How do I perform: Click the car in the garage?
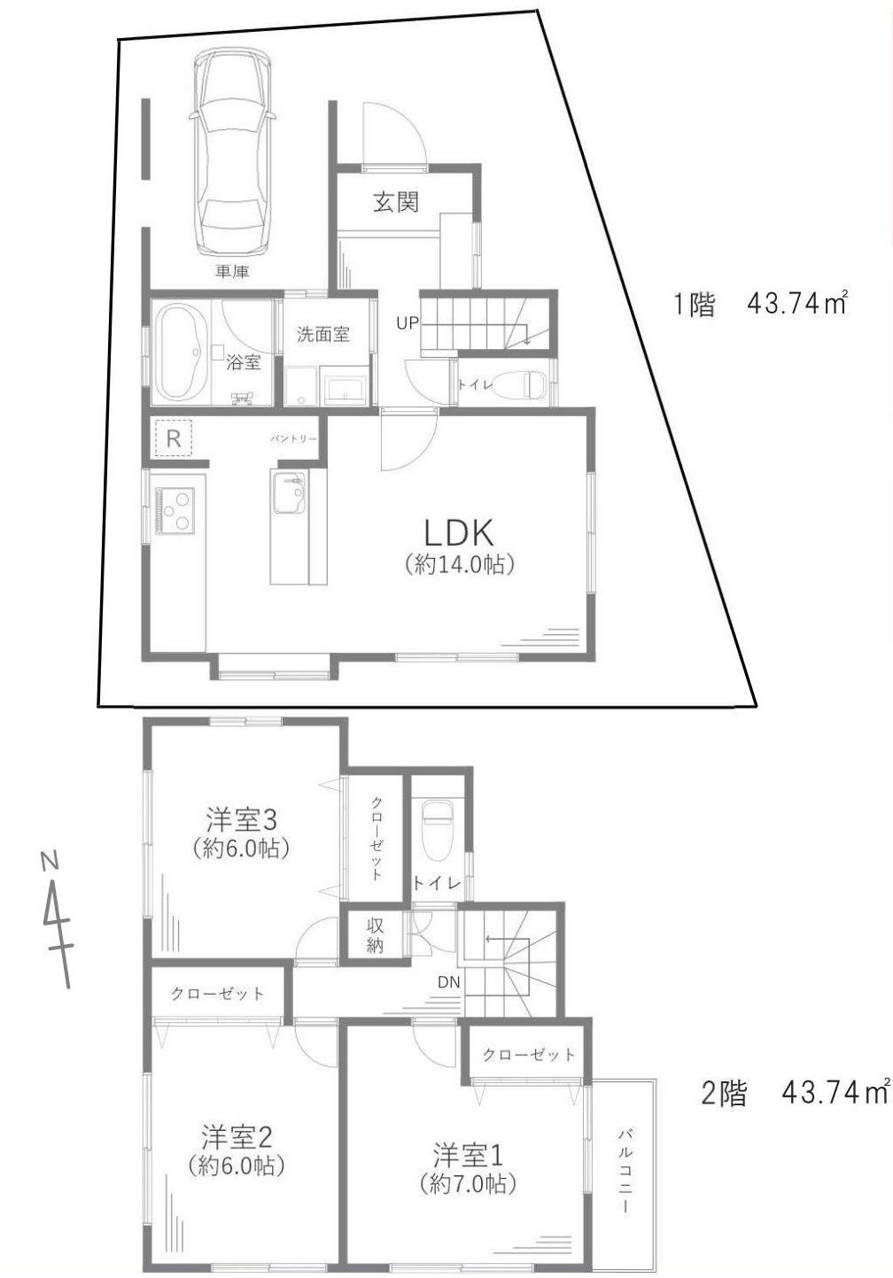coord(234,151)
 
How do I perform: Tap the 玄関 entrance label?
coord(395,202)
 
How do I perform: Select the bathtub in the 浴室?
coord(182,352)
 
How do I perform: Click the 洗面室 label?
coord(322,334)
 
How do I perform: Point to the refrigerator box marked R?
coord(174,438)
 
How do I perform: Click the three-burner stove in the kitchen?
coord(175,510)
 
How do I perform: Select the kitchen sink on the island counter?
coord(289,492)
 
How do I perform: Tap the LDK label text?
coord(457,533)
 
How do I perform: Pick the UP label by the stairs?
coord(407,323)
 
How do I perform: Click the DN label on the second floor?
coord(447,982)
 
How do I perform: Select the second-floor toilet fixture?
coord(437,830)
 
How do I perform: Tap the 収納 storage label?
coord(376,934)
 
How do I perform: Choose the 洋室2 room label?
coord(236,1135)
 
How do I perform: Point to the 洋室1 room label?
coord(468,1155)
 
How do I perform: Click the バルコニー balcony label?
coord(625,1157)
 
